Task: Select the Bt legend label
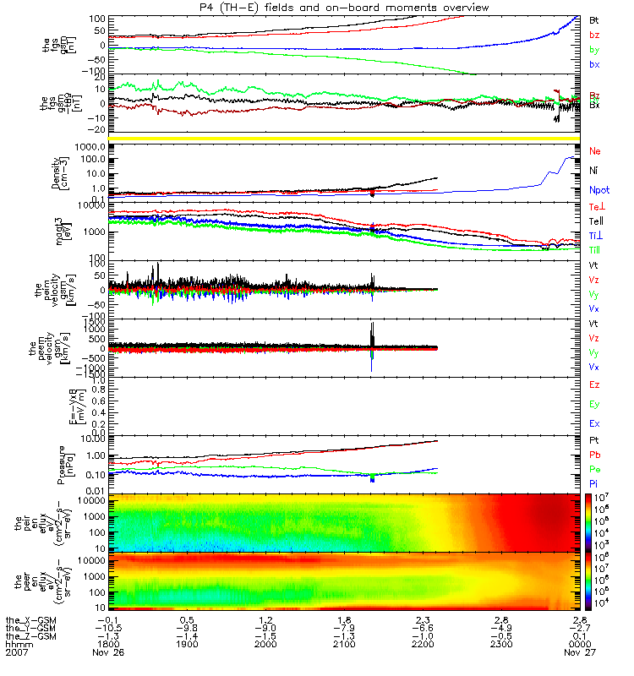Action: pyautogui.click(x=594, y=19)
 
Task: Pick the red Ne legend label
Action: pyautogui.click(x=594, y=151)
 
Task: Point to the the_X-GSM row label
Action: pyautogui.click(x=30, y=619)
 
